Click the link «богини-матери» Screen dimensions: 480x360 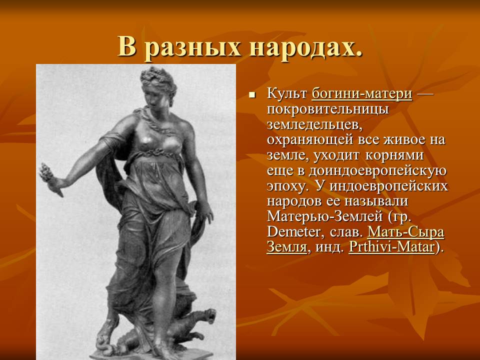[x=362, y=93]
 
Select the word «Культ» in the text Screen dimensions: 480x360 [x=287, y=93]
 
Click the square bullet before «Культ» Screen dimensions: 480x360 [x=252, y=95]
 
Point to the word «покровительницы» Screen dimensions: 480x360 [x=328, y=109]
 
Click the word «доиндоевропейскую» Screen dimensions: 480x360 [x=377, y=171]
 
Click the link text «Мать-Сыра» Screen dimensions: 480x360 [x=405, y=232]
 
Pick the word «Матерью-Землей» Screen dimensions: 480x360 [x=325, y=216]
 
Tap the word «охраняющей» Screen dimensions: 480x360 [x=310, y=140]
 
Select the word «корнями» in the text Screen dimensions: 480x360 [x=394, y=155]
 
